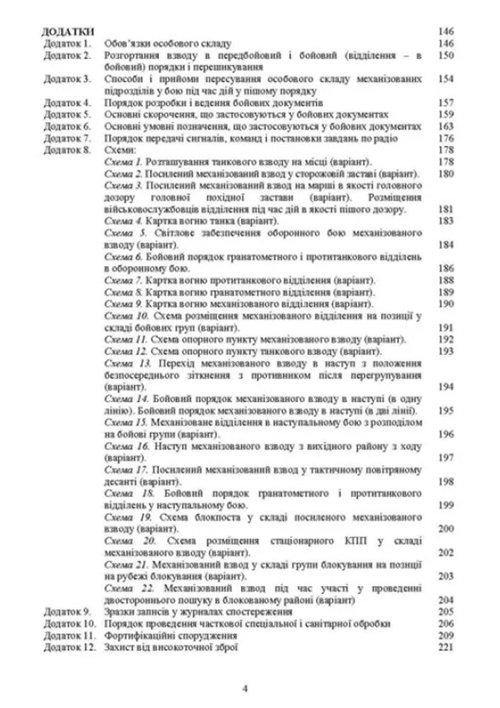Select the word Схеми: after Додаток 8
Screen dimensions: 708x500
[117, 149]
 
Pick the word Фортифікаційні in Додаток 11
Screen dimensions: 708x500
[138, 634]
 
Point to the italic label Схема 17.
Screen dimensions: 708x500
[124, 469]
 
